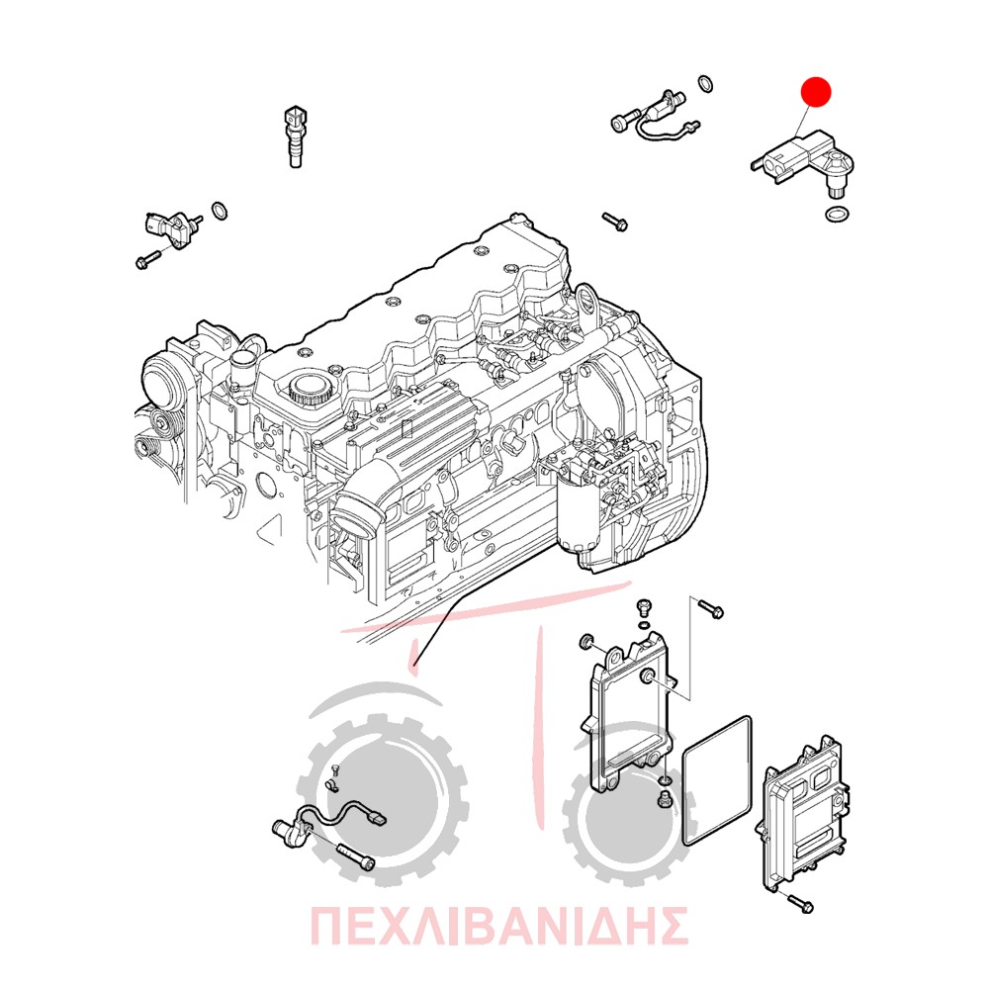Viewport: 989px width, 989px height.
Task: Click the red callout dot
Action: pos(816,92)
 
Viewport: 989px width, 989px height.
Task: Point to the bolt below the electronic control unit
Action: pos(800,904)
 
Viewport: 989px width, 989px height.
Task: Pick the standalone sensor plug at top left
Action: pos(296,136)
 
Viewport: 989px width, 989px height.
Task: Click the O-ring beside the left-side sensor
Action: pos(219,212)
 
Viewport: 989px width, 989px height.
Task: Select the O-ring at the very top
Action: pos(706,84)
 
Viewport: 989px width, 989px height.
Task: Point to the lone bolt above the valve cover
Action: pos(614,222)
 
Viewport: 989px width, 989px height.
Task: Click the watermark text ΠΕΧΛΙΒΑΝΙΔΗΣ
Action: pos(498,926)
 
